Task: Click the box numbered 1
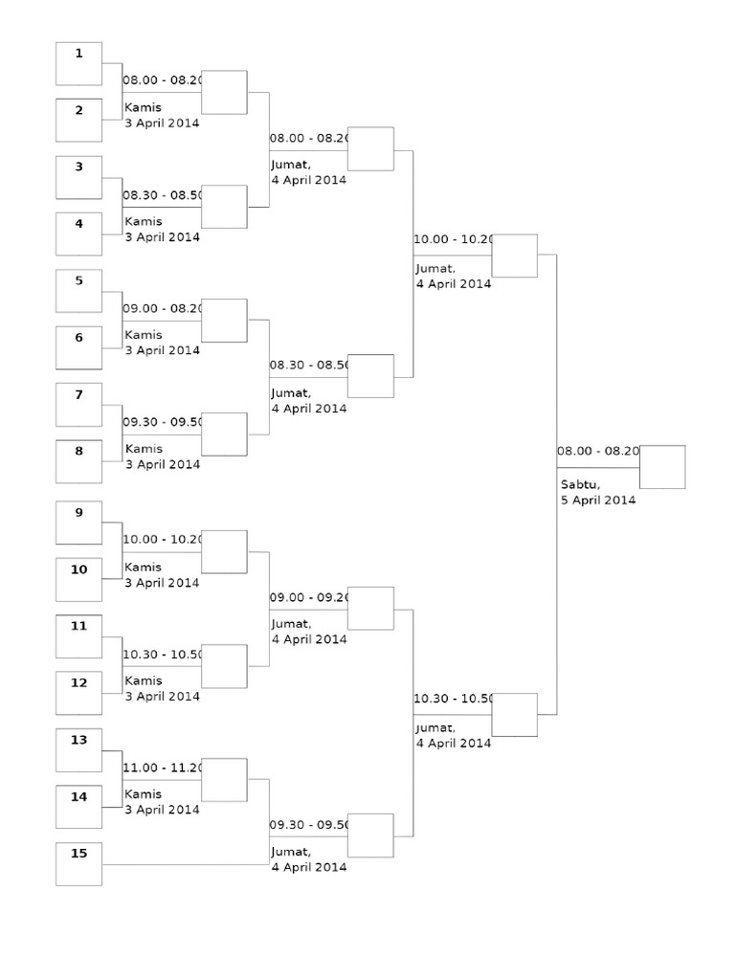[x=78, y=64]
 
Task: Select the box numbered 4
[x=78, y=234]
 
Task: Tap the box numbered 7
[x=78, y=405]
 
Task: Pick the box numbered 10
[x=78, y=580]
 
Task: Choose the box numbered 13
[x=78, y=749]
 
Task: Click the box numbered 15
[x=78, y=863]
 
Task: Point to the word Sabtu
[x=580, y=484]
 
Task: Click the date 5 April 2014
[x=598, y=500]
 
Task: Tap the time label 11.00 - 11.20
[x=163, y=768]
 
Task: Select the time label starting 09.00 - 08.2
[x=163, y=308]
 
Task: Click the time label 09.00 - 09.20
[x=310, y=597]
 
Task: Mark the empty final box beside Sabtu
[x=662, y=467]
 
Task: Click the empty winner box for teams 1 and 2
[x=224, y=92]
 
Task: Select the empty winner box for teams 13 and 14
[x=224, y=780]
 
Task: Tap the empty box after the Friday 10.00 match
[x=514, y=256]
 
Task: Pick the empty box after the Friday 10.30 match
[x=514, y=715]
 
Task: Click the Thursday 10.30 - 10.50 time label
[x=163, y=655]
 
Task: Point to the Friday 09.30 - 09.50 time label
[x=310, y=825]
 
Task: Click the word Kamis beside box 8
[x=144, y=449]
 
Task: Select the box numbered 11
[x=78, y=636]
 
